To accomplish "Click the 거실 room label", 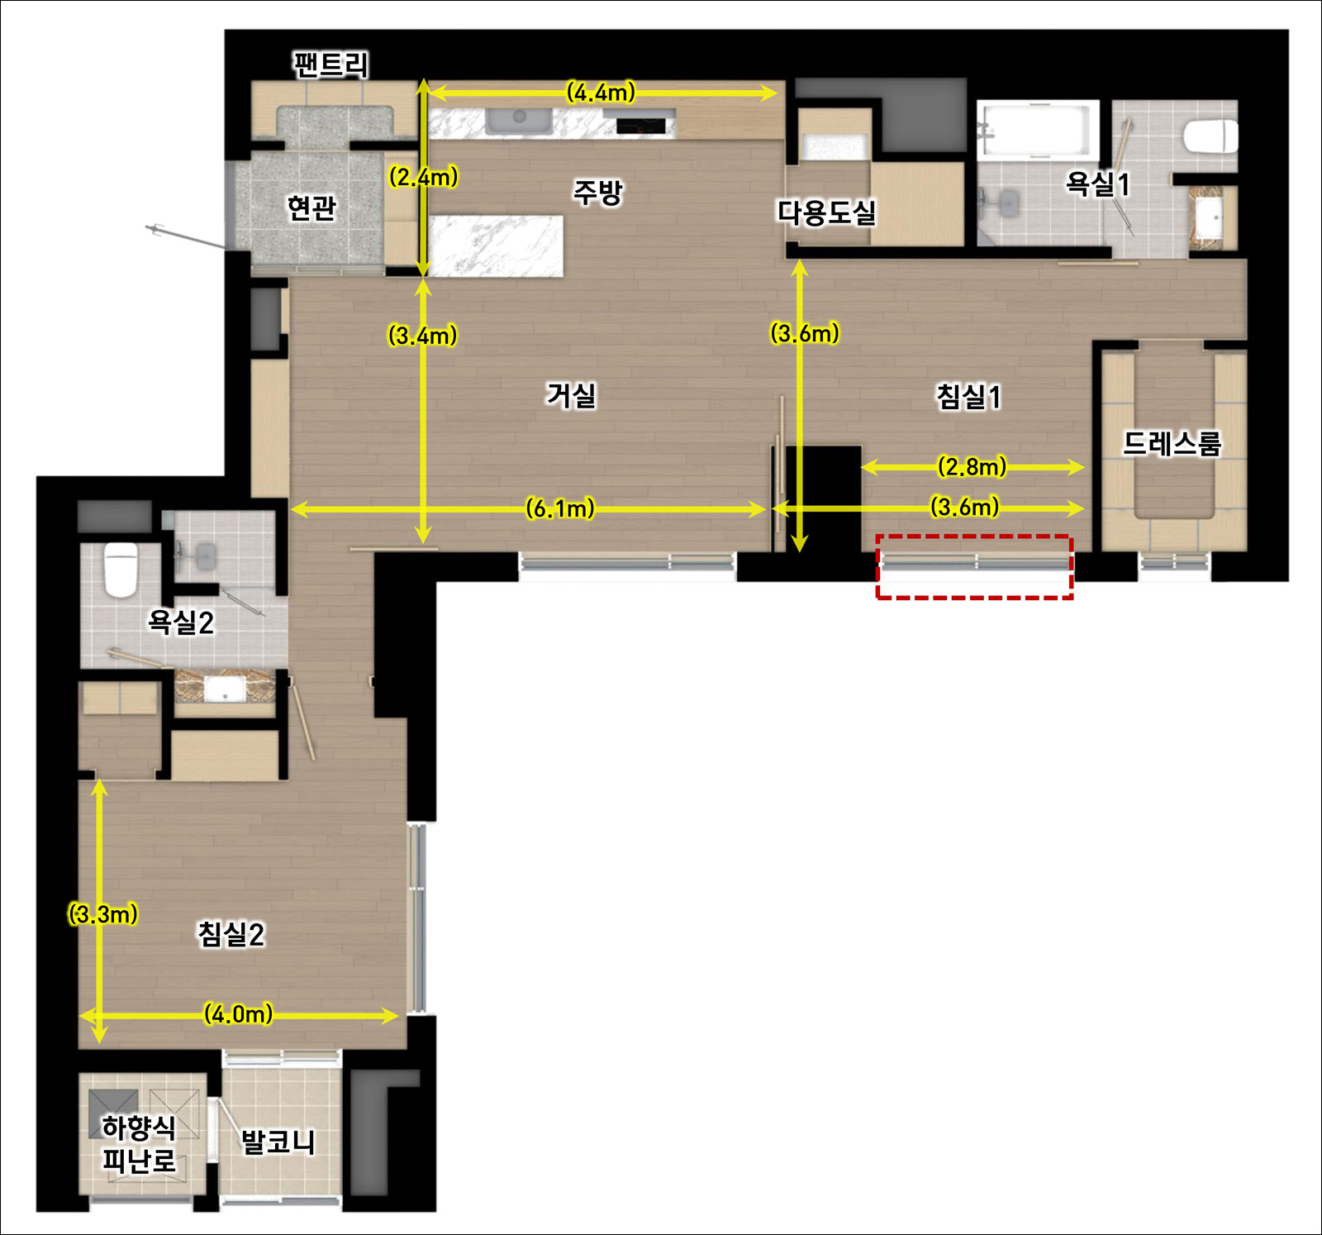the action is pyautogui.click(x=571, y=395).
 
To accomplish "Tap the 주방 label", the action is pyautogui.click(x=598, y=193).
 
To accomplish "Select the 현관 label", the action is pyautogui.click(x=311, y=207).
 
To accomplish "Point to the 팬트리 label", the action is pyautogui.click(x=330, y=64).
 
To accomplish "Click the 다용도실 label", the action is pyautogui.click(x=826, y=212).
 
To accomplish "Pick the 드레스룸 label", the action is pyautogui.click(x=1172, y=444).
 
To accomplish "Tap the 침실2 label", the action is pyautogui.click(x=231, y=934).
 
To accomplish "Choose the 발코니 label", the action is pyautogui.click(x=278, y=1142).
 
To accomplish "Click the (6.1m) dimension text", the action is pyautogui.click(x=560, y=508).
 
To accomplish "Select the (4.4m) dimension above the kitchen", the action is pyautogui.click(x=601, y=93).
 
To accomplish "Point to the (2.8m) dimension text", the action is pyautogui.click(x=972, y=467).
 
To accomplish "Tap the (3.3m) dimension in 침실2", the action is pyautogui.click(x=102, y=914).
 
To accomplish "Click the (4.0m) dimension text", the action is pyautogui.click(x=238, y=1014).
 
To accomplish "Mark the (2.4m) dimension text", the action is pyautogui.click(x=423, y=177).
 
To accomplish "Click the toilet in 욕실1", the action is pyautogui.click(x=1211, y=136).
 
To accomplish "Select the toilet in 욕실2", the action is pyautogui.click(x=121, y=569).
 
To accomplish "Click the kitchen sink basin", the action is pyautogui.click(x=519, y=121).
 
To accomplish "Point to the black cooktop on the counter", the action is pyautogui.click(x=641, y=126).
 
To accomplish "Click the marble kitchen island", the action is pyautogui.click(x=497, y=246).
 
